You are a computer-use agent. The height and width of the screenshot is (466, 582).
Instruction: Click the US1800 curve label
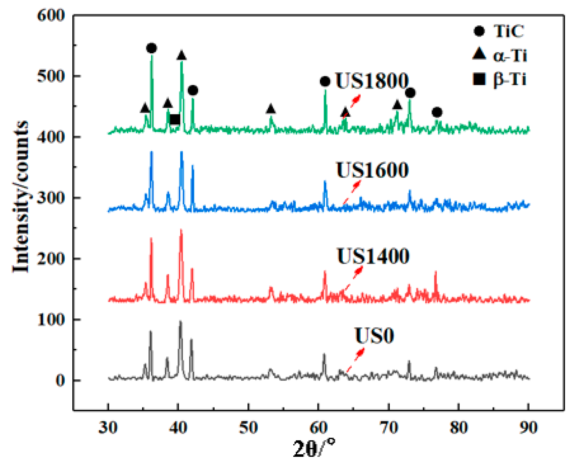pyautogui.click(x=372, y=81)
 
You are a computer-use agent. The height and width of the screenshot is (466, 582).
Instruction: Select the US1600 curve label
pyautogui.click(x=372, y=170)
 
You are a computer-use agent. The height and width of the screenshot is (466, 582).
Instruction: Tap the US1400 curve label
pyautogui.click(x=373, y=256)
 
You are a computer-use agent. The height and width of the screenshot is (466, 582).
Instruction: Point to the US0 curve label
pyautogui.click(x=374, y=336)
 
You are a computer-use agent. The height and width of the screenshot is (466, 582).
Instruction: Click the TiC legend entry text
pyautogui.click(x=508, y=31)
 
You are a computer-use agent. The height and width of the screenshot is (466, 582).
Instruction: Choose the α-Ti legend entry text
pyautogui.click(x=510, y=56)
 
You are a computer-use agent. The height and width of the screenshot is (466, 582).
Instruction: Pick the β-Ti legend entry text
pyautogui.click(x=510, y=79)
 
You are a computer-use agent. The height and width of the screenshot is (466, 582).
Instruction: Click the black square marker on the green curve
pyautogui.click(x=175, y=119)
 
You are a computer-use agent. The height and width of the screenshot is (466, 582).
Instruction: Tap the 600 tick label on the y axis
pyautogui.click(x=51, y=15)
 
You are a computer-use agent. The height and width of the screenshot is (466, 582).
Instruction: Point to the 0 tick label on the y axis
pyautogui.click(x=60, y=381)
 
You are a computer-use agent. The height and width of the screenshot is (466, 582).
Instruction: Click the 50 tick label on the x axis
pyautogui.click(x=248, y=427)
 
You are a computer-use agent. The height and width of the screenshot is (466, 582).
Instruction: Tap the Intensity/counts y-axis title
pyautogui.click(x=21, y=196)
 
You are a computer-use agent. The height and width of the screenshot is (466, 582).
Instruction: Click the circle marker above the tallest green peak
pyautogui.click(x=151, y=48)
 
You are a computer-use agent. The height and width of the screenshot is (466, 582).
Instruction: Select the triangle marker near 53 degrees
pyautogui.click(x=271, y=109)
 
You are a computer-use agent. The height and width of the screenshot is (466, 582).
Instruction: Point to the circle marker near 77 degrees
pyautogui.click(x=437, y=112)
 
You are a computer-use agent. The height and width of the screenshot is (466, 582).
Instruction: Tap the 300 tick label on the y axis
pyautogui.click(x=51, y=198)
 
